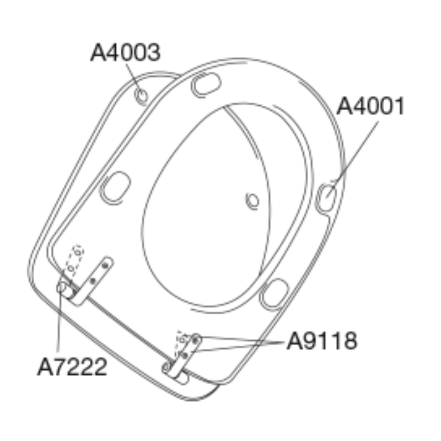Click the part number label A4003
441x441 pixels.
coord(126,52)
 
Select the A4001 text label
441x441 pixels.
coord(370,106)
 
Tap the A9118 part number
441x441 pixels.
coord(322,341)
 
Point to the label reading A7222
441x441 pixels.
coord(72,367)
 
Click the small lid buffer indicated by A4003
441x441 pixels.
coord(141,96)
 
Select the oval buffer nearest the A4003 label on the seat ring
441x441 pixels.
coord(206,84)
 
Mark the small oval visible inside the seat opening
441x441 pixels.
coord(252,201)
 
